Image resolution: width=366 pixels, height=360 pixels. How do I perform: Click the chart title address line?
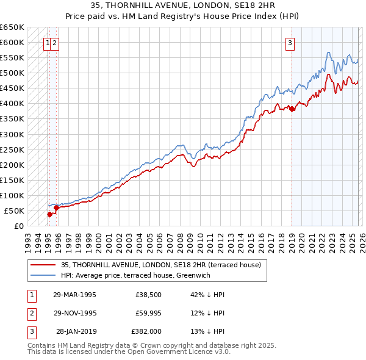tap(183, 5)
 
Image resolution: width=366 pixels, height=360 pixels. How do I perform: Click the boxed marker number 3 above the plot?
tap(290, 43)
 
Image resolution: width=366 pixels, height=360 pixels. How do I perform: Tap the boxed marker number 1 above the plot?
tap(47, 43)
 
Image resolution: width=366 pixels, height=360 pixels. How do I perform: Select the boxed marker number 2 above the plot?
tap(55, 43)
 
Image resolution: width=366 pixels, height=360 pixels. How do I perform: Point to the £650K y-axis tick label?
tap(12, 27)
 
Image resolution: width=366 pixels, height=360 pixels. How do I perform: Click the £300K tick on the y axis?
tap(12, 134)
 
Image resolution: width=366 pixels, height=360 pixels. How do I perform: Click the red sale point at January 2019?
tap(292, 109)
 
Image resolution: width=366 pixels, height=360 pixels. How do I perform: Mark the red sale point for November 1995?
tap(56, 207)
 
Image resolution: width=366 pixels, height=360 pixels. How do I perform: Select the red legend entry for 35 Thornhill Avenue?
tap(161, 265)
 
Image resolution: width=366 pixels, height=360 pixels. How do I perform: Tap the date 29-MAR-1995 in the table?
tap(74, 295)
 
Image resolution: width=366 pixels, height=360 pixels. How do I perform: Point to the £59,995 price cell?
tap(146, 313)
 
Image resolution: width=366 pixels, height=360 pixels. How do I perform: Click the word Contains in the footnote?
tap(43, 345)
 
